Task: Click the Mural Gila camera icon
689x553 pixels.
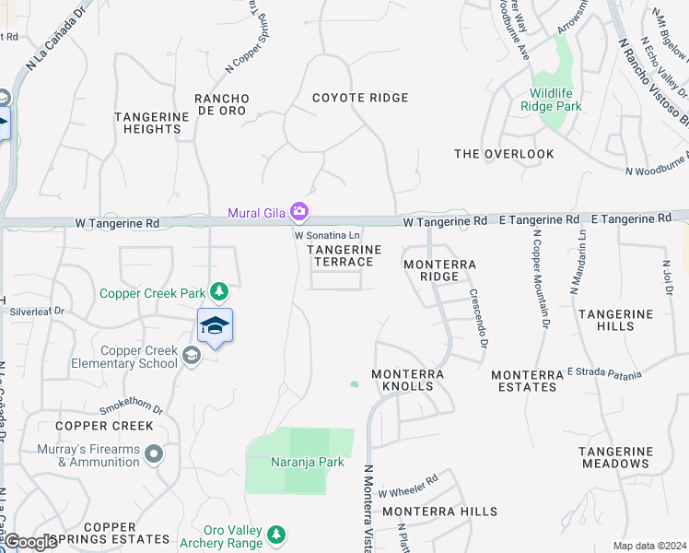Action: tap(298, 213)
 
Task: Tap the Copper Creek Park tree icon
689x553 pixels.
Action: tap(218, 293)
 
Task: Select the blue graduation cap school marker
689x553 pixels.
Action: tap(215, 326)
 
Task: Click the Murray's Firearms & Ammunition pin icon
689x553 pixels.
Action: tap(154, 453)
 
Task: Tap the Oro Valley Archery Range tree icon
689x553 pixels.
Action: tap(275, 535)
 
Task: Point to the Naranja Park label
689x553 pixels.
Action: tap(307, 462)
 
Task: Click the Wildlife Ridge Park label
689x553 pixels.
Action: tap(555, 100)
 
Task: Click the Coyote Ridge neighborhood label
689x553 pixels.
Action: tap(360, 98)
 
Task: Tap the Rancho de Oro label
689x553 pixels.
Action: tap(221, 104)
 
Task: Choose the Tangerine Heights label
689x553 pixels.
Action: tap(147, 123)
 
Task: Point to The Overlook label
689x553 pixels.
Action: tap(505, 154)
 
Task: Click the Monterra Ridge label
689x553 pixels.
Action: tap(440, 270)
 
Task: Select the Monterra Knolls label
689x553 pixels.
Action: tap(407, 380)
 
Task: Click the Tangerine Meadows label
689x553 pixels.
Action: tap(615, 457)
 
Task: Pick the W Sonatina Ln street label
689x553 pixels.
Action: tap(326, 236)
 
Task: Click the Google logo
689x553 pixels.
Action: tap(31, 542)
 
